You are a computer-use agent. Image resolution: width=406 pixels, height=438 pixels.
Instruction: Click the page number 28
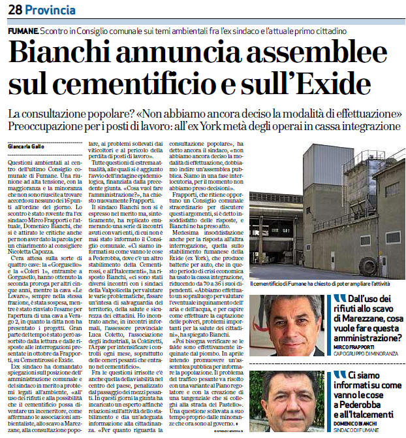15,10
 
